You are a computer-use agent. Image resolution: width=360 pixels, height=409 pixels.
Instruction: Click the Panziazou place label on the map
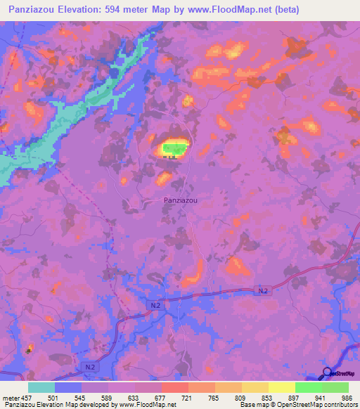click(180, 200)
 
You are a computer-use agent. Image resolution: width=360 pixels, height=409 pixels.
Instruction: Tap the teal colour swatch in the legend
click(41, 387)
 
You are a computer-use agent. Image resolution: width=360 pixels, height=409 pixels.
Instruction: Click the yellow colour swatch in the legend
click(282, 387)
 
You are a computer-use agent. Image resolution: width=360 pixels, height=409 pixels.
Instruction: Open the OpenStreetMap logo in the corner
click(340, 374)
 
